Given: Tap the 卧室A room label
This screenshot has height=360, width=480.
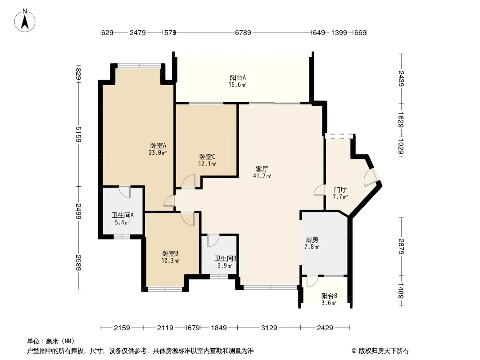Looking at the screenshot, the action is [158, 146].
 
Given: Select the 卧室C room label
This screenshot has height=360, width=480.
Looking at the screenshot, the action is [207, 157].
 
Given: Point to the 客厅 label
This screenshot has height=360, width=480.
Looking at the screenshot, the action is [262, 169].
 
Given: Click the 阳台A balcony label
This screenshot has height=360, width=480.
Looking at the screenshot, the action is [238, 78].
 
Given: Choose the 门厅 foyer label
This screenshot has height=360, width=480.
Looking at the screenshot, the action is [340, 190].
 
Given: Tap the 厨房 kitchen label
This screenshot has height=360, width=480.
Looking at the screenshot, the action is [312, 239].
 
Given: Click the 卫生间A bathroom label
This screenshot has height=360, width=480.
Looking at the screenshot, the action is [122, 216].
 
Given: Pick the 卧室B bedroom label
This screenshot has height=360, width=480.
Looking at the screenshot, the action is [170, 253].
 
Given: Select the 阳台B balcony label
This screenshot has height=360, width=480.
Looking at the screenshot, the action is [330, 296].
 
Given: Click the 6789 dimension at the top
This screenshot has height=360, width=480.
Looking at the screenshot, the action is [243, 32].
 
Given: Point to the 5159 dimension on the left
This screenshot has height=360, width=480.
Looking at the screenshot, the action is [78, 135].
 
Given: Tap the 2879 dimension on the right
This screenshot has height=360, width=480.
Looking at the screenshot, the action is [401, 247].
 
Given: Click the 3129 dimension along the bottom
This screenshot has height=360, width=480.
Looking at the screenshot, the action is [269, 328].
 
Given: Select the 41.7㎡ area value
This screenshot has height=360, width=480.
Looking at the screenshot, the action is [262, 176].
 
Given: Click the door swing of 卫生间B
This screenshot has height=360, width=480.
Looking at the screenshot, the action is [213, 241].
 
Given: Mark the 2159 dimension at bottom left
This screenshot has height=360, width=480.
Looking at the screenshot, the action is [122, 328].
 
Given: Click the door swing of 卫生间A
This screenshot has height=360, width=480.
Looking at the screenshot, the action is [125, 192].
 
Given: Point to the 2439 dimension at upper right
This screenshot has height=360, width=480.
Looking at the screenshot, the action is [401, 78].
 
